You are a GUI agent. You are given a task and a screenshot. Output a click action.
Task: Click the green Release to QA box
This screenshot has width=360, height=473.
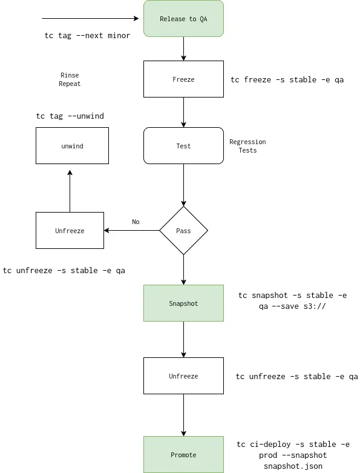[183, 19]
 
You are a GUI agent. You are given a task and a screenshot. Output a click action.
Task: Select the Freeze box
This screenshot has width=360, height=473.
[183, 79]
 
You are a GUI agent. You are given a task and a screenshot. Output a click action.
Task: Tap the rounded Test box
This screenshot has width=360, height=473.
[183, 146]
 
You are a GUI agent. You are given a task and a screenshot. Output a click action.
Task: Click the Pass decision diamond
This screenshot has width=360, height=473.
[183, 231]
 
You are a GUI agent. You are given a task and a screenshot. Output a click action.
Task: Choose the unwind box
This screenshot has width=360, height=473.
[72, 146]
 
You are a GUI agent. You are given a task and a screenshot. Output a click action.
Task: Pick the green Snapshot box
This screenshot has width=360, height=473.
[183, 303]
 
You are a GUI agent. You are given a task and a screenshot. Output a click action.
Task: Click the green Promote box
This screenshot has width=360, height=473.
[183, 455]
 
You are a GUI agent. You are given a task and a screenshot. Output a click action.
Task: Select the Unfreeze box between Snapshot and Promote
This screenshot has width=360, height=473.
[183, 376]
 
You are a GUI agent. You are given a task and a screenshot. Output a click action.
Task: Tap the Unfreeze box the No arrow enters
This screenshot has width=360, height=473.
[70, 231]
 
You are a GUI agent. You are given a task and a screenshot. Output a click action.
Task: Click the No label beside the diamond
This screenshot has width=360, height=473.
[136, 222]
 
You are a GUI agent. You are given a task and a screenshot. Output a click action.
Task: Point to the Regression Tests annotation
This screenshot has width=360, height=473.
[247, 146]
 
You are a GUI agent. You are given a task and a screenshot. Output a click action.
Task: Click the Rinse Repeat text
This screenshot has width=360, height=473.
[70, 79]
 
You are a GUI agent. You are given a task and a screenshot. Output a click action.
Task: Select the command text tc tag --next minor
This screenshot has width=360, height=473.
[87, 36]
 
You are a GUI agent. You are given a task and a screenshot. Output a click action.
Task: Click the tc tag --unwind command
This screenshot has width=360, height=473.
[74, 116]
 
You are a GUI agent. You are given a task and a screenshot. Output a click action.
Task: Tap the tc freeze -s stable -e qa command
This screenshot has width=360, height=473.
[287, 80]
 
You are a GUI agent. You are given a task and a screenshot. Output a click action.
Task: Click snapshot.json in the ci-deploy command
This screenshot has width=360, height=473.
[293, 466]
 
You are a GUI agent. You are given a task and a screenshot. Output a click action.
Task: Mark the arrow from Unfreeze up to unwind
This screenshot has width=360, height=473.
[70, 191]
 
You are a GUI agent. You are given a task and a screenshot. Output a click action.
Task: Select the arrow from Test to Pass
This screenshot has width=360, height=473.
[183, 185]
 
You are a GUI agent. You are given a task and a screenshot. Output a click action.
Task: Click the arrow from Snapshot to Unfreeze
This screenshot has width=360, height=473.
[183, 339]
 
